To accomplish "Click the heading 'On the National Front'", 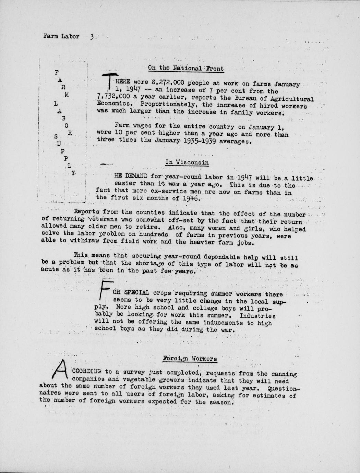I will (x=186, y=68).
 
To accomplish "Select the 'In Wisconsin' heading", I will (x=187, y=162).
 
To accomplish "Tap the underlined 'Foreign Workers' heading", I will (x=190, y=359).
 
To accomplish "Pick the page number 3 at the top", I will (x=92, y=36).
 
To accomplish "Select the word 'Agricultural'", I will (x=292, y=99).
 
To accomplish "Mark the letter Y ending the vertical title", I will (x=73, y=174).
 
